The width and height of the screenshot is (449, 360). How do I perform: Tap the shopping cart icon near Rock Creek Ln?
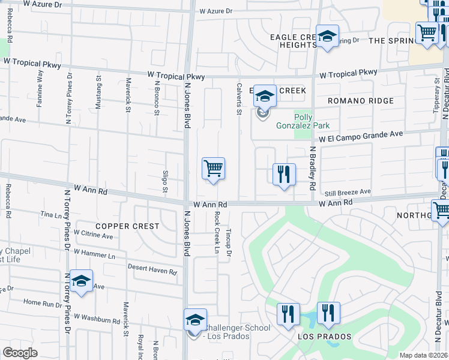click(x=213, y=168)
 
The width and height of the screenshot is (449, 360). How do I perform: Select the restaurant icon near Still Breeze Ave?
click(x=284, y=174)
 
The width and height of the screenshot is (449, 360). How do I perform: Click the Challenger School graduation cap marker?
click(x=195, y=319)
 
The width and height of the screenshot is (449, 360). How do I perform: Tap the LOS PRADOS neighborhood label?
click(x=324, y=337)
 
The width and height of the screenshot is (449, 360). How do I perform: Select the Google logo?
click(x=20, y=352)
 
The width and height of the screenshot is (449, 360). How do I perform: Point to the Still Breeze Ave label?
click(x=348, y=192)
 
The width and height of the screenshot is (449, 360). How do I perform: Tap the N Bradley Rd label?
click(x=312, y=171)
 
